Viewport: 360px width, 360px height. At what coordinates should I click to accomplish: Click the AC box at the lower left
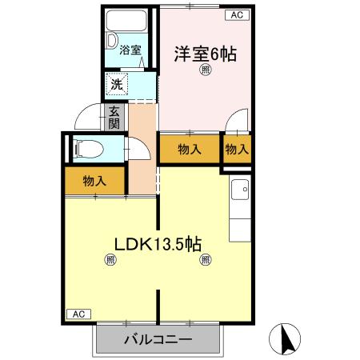78,314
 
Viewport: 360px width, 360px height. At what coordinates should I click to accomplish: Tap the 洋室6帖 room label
206,54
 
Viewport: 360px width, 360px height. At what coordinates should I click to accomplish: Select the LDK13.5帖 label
156,245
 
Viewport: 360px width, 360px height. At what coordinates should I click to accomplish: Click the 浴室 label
130,50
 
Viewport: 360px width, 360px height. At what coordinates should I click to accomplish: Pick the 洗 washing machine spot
117,82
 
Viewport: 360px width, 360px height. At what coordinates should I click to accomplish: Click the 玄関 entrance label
115,118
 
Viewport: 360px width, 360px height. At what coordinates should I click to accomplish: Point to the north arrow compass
287,338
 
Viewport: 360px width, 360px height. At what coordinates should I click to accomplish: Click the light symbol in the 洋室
206,71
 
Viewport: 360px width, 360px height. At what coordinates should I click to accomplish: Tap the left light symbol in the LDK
109,259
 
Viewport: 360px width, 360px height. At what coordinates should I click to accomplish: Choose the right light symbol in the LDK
206,259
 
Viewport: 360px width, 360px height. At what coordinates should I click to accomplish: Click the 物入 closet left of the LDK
94,181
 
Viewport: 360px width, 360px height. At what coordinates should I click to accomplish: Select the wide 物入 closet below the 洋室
189,149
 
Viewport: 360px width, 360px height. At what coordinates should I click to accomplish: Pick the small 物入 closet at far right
236,149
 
